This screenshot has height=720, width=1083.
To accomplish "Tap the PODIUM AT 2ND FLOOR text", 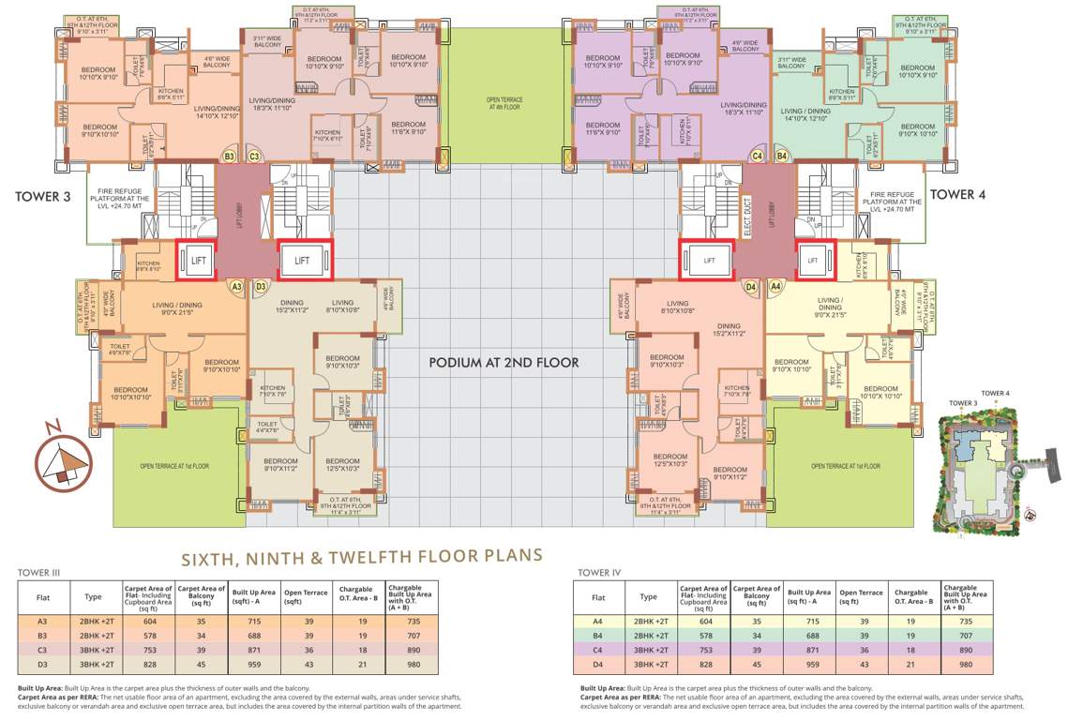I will [504, 362].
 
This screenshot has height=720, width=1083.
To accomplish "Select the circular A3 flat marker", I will [236, 286].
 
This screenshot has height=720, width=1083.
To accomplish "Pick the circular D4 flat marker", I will [749, 286].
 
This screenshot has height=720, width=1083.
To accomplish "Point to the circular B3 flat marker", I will [229, 157].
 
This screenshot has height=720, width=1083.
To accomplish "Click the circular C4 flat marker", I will [757, 157].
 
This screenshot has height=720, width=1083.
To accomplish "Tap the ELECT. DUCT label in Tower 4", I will [748, 221].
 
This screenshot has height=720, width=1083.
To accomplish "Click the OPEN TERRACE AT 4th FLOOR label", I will [504, 103].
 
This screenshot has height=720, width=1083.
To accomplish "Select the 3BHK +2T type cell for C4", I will [648, 650].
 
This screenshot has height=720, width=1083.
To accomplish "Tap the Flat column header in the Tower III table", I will [43, 597].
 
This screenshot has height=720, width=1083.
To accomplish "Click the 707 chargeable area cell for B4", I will [965, 636].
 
